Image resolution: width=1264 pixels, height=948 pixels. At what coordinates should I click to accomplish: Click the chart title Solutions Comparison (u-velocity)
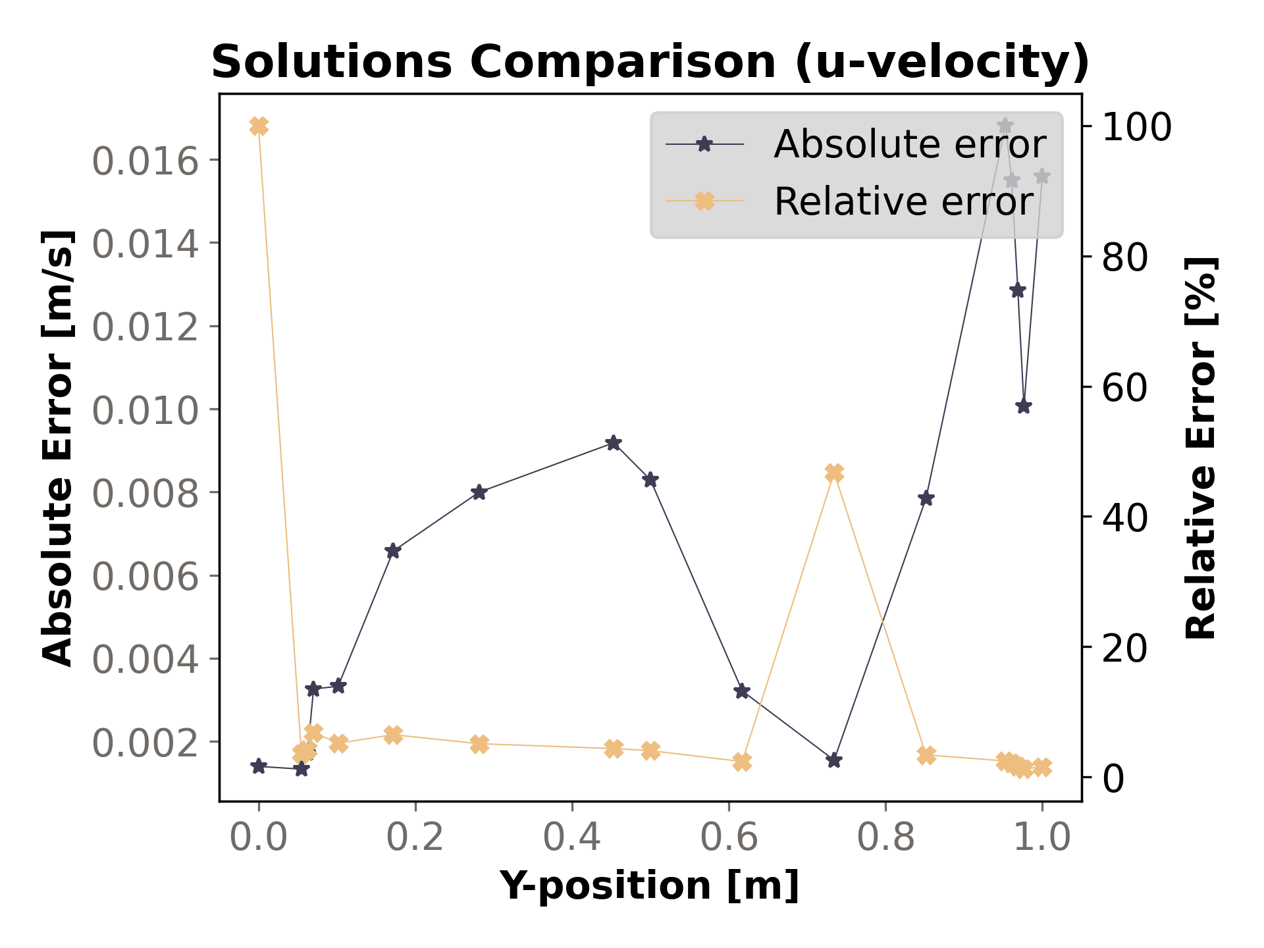click(650, 63)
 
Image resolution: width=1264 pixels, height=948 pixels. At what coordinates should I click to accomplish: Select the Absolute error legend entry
click(908, 144)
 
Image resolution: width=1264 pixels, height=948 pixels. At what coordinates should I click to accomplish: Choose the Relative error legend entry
click(903, 201)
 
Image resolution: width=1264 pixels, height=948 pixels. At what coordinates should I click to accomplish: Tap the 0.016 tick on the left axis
click(145, 161)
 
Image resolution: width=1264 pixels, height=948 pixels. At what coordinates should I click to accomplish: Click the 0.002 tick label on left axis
click(145, 743)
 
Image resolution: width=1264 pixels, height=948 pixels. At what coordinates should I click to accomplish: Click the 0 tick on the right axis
click(1113, 778)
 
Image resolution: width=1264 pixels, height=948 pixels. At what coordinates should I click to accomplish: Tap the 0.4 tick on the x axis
click(571, 837)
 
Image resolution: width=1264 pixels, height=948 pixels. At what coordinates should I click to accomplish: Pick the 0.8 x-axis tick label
click(885, 837)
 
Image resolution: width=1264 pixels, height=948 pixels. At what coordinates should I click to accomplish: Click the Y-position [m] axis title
click(650, 885)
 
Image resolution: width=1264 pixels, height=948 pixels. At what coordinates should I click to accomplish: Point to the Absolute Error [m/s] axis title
click(58, 448)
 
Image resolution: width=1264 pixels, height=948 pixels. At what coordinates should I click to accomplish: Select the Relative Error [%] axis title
click(1201, 448)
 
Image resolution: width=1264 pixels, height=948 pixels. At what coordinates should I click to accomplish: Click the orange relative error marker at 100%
click(259, 126)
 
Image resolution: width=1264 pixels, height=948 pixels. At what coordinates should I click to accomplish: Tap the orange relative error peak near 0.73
click(834, 473)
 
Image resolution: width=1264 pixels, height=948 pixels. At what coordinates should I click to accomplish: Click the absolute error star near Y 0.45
click(614, 443)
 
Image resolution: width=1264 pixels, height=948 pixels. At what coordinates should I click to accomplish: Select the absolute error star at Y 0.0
click(259, 766)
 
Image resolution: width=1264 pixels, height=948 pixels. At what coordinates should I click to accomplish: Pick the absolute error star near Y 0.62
click(742, 691)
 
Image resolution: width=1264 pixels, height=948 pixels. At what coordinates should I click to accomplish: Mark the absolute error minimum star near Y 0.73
click(834, 760)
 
